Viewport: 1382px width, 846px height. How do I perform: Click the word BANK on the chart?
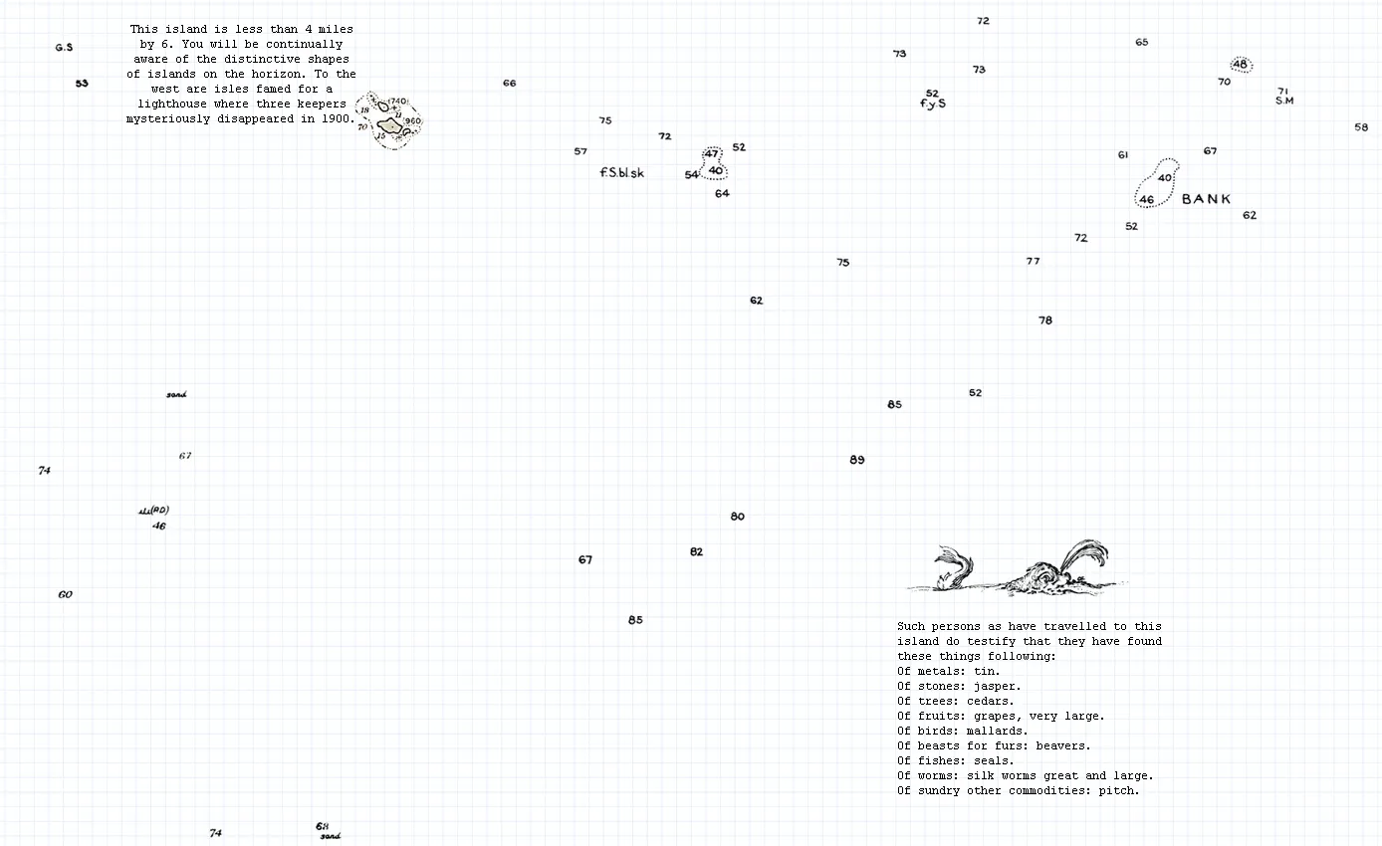[1206, 199]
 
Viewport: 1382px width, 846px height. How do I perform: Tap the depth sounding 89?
[857, 460]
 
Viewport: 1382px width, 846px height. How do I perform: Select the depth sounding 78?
[1044, 320]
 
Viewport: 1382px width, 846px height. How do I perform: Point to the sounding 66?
[509, 84]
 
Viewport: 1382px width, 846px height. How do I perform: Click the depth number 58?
[1361, 127]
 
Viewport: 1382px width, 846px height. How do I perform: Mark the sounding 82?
[696, 552]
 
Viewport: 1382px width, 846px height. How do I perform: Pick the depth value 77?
[1033, 261]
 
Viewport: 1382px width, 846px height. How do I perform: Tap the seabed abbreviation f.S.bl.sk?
[621, 173]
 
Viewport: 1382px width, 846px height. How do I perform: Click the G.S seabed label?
[64, 48]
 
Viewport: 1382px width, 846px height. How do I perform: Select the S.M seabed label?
[1283, 101]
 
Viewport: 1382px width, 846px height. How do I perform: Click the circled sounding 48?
[1240, 65]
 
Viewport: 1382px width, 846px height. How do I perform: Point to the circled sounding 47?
[711, 154]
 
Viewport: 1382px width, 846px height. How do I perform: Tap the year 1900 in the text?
[335, 118]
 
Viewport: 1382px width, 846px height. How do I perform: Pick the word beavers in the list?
[1061, 745]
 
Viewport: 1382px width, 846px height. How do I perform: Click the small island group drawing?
[391, 121]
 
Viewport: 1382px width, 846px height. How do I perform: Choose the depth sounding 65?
[1141, 43]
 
